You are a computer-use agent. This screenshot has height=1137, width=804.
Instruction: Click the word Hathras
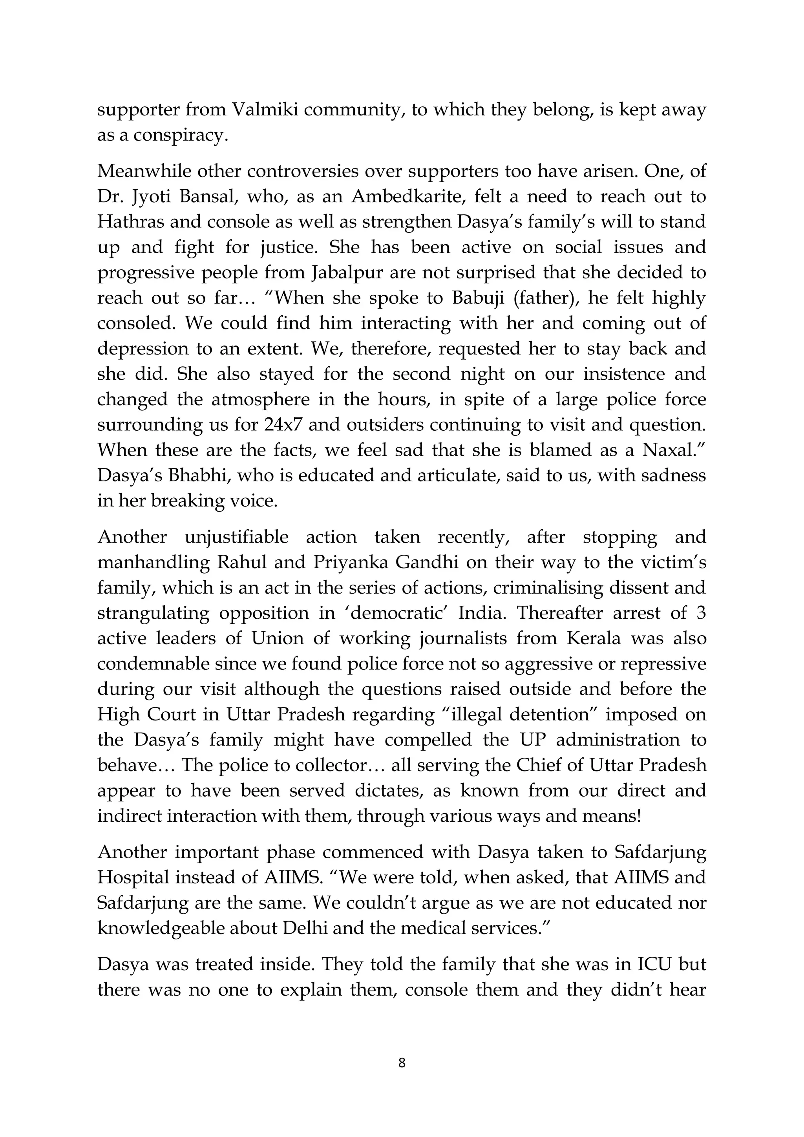[130, 222]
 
